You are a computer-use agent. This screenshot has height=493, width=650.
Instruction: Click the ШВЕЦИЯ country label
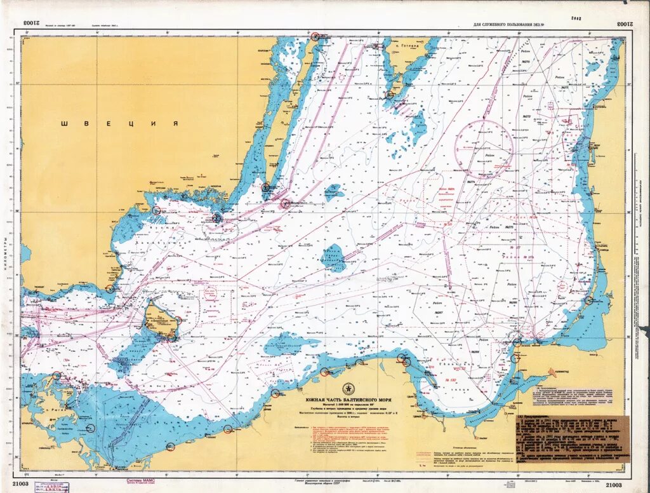[119, 124]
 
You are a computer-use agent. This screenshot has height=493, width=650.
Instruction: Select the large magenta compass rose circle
[484, 149]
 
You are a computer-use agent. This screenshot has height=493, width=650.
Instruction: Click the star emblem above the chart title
[347, 389]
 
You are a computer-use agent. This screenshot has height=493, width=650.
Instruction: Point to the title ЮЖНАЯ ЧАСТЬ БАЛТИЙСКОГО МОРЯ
[347, 399]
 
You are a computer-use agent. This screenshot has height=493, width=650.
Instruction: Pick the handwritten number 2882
[576, 19]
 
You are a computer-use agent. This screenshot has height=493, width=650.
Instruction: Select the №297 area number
[437, 313]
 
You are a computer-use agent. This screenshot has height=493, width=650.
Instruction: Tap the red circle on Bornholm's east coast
[178, 320]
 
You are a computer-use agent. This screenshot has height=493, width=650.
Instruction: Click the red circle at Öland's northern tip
[315, 37]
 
